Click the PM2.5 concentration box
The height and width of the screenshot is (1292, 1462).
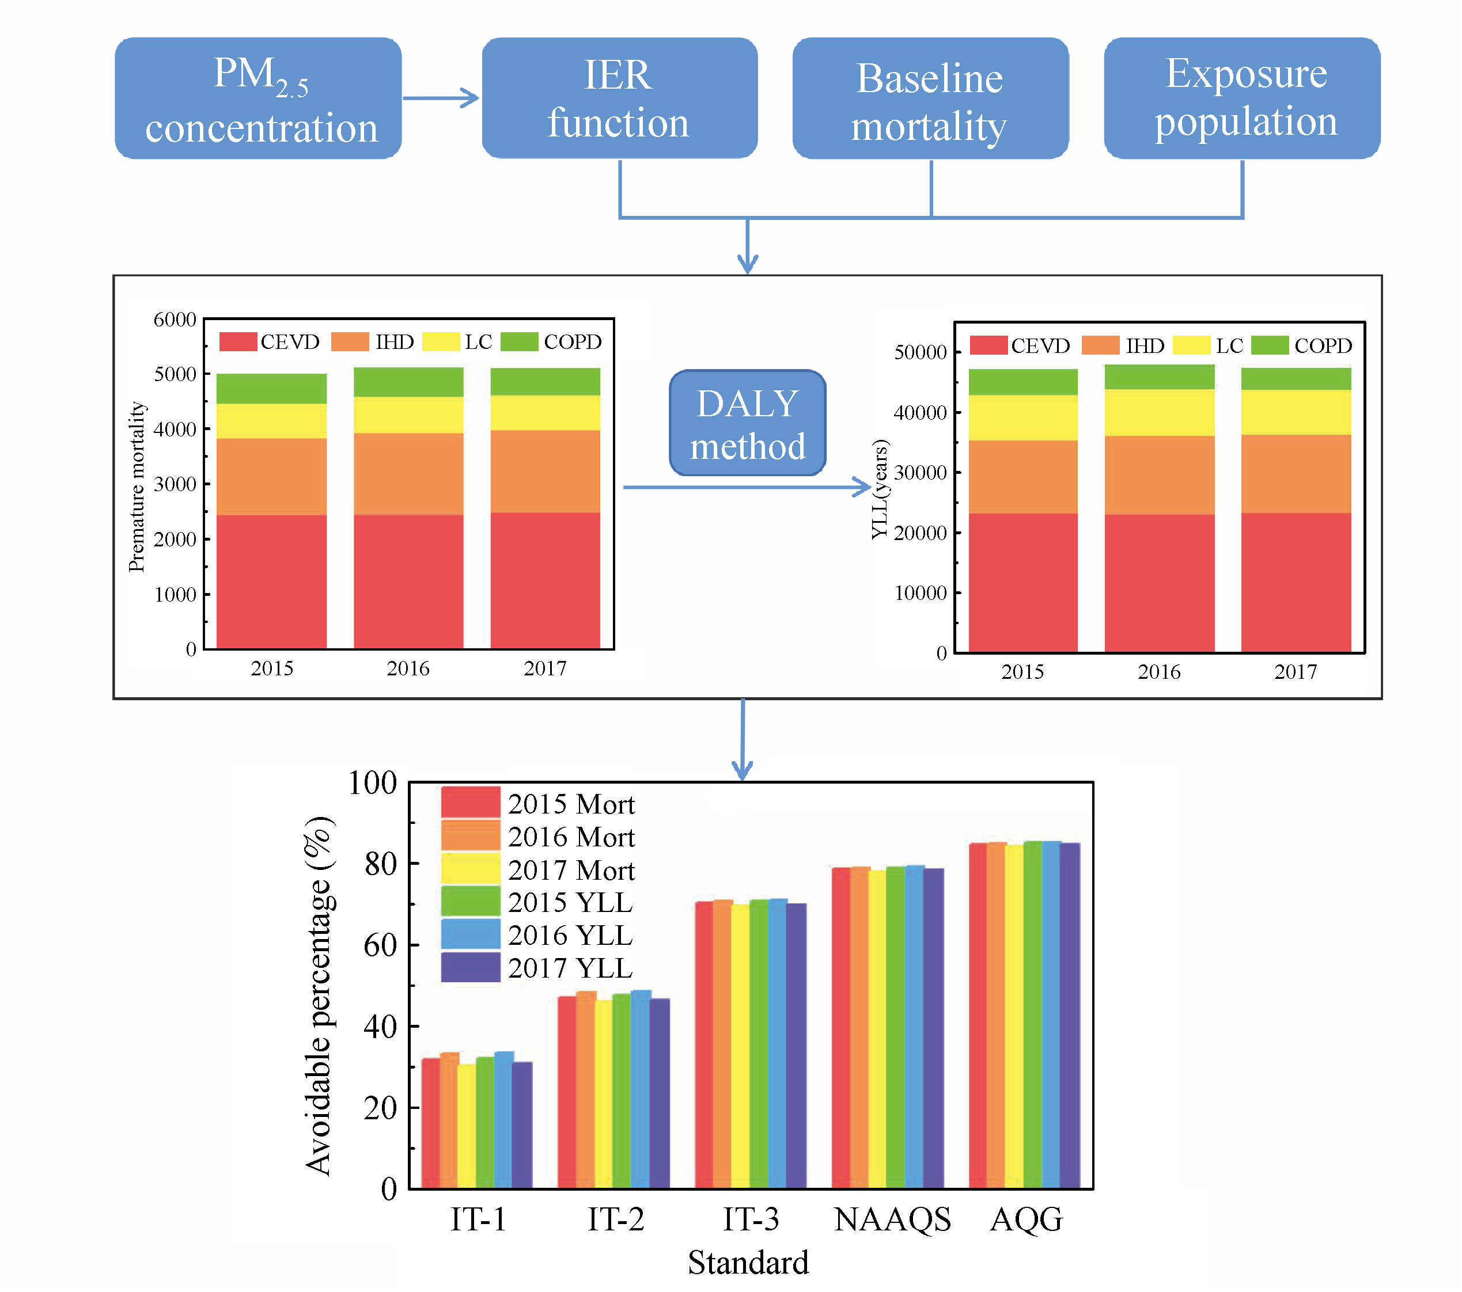[258, 98]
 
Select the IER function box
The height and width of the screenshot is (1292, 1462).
[619, 98]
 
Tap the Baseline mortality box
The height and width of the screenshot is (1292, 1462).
[930, 98]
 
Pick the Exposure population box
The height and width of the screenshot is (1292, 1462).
[1243, 98]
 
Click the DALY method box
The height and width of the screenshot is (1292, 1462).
[748, 423]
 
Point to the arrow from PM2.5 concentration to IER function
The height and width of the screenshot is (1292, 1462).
[441, 98]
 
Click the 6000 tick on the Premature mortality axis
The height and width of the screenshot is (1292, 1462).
[175, 320]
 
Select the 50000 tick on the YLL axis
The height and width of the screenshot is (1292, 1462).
[921, 352]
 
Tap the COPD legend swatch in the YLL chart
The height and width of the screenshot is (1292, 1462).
[1270, 345]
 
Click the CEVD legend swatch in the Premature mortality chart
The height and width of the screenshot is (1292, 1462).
[238, 342]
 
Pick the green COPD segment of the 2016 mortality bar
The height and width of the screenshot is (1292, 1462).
[408, 382]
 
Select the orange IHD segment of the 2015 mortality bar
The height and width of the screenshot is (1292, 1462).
[272, 477]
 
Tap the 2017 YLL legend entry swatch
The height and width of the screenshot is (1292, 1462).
[470, 967]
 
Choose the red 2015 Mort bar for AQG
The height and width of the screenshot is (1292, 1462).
[978, 1015]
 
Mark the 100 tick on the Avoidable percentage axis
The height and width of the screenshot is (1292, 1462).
[373, 784]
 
